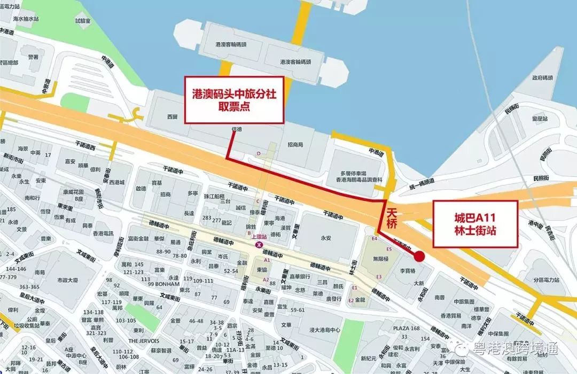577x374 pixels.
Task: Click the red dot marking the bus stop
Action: tap(419, 256)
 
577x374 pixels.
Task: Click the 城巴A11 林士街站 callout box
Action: tap(475, 224)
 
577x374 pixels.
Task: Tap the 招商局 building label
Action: tap(295, 145)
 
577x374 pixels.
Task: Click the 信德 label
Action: tap(235, 129)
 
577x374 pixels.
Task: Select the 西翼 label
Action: tap(171, 116)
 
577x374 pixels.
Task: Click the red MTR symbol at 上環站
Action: tap(259, 245)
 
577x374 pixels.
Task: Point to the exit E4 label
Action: tap(375, 238)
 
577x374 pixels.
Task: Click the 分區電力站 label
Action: tap(545, 280)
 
